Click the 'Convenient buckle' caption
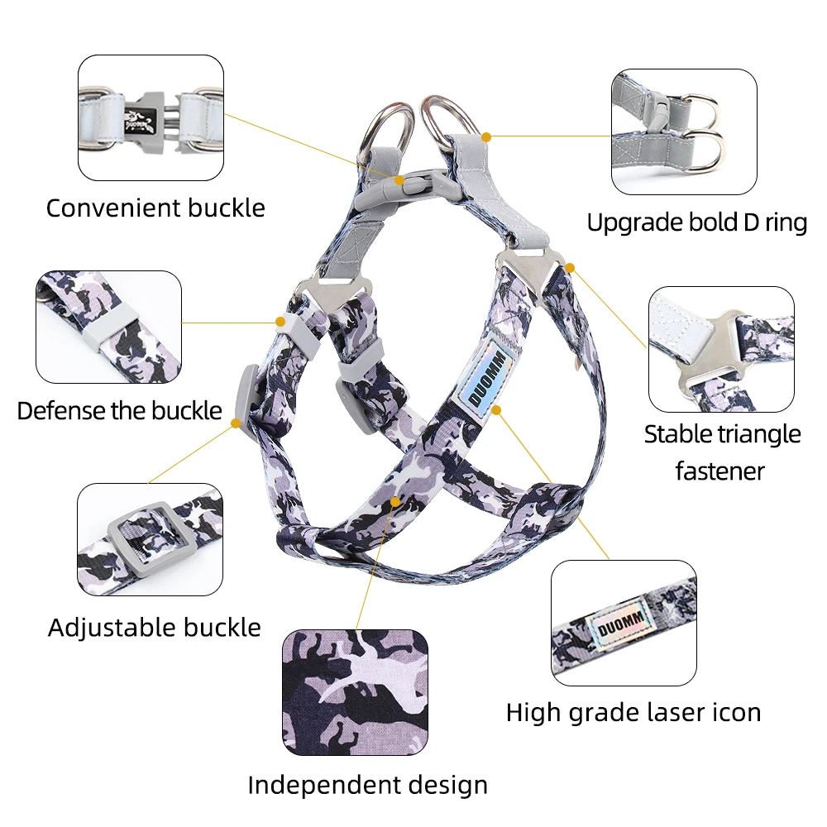pyautogui.click(x=155, y=208)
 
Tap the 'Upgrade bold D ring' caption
pyautogui.click(x=696, y=222)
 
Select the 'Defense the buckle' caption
pyautogui.click(x=120, y=410)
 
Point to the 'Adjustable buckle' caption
pyautogui.click(x=155, y=627)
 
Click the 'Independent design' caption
pyautogui.click(x=367, y=784)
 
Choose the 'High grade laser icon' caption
pyautogui.click(x=633, y=712)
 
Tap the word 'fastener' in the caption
pyautogui.click(x=719, y=471)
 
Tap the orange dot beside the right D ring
pyautogui.click(x=487, y=136)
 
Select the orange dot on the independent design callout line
pyautogui.click(x=396, y=500)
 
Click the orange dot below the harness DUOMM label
pyautogui.click(x=496, y=409)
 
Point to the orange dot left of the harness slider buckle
pyautogui.click(x=237, y=423)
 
